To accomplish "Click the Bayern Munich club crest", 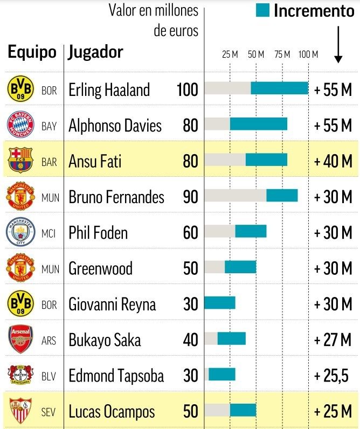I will coord(20,125).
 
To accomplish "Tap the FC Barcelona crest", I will coord(20,161).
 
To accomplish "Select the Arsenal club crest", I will coord(20,340).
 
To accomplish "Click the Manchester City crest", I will coord(20,232).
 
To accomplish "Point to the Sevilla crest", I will coord(20,411).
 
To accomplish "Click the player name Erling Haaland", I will coord(109,89).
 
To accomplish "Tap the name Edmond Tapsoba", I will coord(116,375).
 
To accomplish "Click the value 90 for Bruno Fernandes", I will coord(190,197).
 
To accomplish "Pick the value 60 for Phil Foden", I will coord(190,232).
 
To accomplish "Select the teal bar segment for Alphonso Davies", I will coord(259,124).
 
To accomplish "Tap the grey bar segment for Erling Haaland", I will coord(227,88).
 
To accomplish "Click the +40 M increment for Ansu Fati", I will coord(333,161).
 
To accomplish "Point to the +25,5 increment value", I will coord(333,375).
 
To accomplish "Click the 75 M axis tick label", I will coord(282,54).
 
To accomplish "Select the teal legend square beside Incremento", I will coord(262,10).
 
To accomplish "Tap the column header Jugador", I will coord(96,52).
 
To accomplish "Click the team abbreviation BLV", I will coord(49,376).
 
